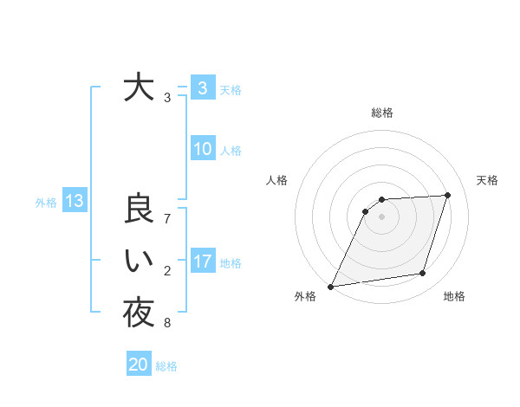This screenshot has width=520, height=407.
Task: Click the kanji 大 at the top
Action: click(139, 88)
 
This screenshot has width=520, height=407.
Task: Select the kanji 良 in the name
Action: click(139, 210)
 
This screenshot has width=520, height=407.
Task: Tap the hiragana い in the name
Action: click(139, 262)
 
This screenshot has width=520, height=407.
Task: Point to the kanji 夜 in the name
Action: click(139, 313)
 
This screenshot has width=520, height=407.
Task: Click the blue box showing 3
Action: click(202, 88)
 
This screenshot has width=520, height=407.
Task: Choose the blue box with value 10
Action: click(202, 149)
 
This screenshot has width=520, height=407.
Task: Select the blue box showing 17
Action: click(202, 262)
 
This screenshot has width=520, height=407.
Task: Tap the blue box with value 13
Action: click(74, 202)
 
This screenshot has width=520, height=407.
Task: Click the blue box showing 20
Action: click(139, 365)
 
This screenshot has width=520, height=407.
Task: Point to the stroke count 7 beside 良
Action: click(167, 218)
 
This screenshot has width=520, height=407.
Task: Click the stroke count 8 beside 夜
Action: click(167, 324)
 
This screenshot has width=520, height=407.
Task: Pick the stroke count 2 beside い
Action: click(167, 271)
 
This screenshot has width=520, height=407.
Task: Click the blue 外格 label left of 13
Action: click(46, 203)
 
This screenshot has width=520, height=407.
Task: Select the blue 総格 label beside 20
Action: click(166, 366)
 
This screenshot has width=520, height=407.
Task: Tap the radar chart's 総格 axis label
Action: click(381, 113)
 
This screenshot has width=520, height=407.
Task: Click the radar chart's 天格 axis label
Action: click(488, 180)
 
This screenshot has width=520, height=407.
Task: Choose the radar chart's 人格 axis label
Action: click(276, 180)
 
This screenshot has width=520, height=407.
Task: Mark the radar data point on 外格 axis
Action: click(331, 287)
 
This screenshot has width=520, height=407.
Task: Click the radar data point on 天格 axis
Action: click(448, 195)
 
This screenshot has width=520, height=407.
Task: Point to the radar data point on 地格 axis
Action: click(423, 274)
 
